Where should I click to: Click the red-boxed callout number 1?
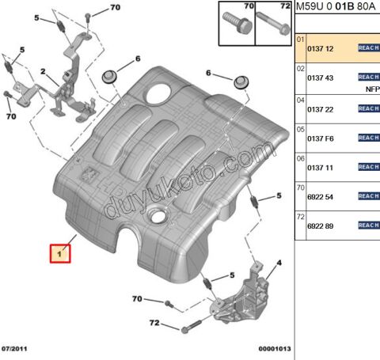click(x=60, y=255)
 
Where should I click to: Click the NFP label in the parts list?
click(x=372, y=89)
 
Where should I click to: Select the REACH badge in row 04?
click(x=369, y=108)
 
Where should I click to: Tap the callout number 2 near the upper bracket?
click(x=45, y=80)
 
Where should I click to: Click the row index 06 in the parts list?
click(x=300, y=157)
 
